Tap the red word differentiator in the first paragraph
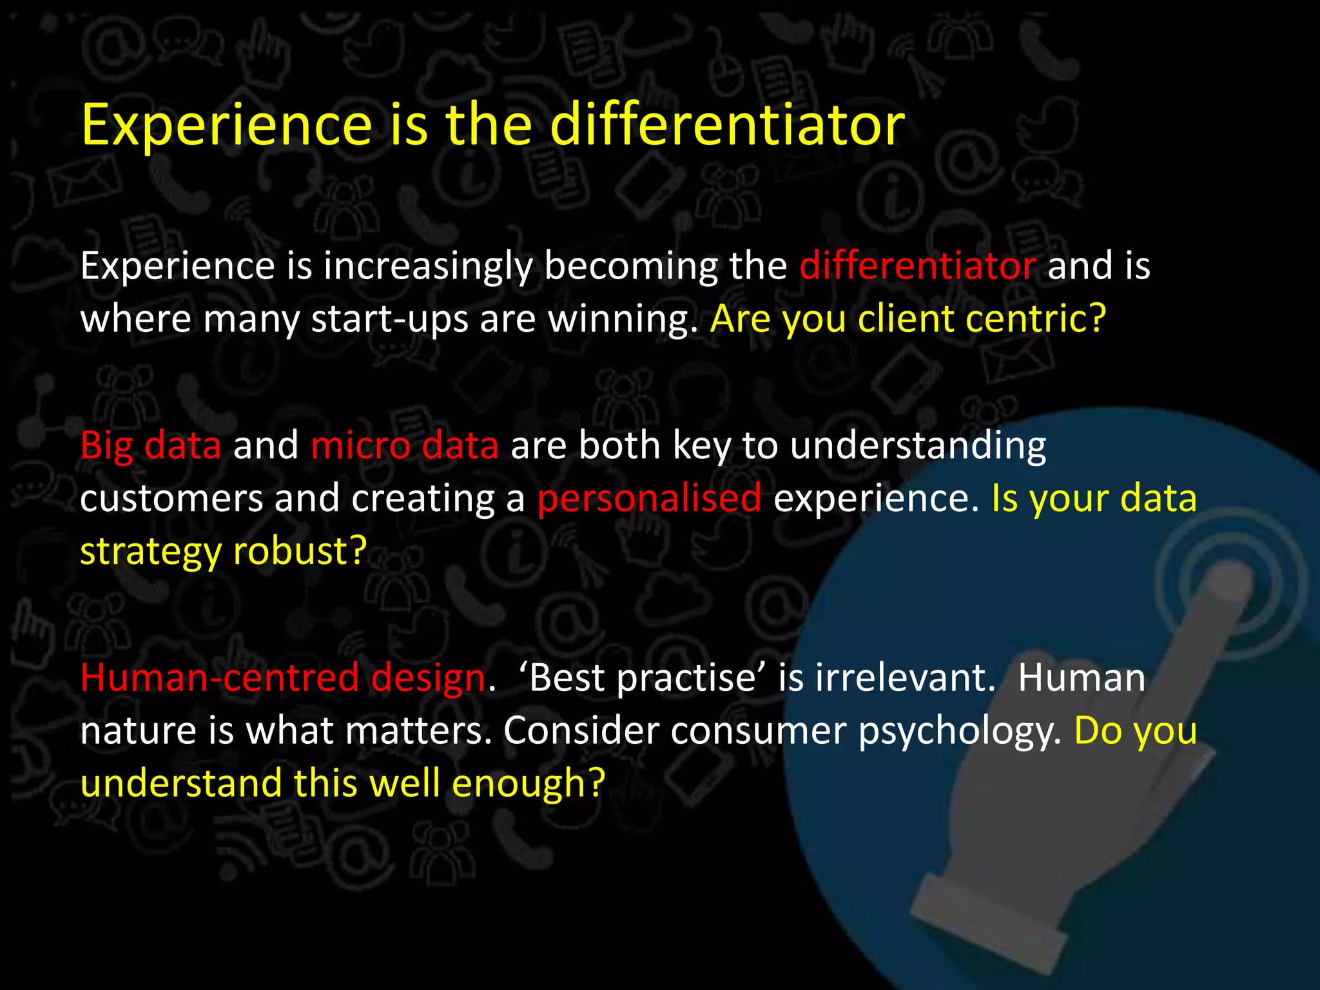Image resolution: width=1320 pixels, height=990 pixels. coord(917,266)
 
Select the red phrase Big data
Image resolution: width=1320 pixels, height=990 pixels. coord(151,446)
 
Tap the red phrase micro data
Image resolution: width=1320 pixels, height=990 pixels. coord(405,446)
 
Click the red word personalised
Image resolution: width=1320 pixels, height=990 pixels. coord(649,499)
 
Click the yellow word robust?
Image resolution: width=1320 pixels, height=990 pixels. coord(300,552)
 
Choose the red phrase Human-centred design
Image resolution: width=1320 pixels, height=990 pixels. coord(283,678)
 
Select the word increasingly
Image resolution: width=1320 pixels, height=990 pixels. coord(428,267)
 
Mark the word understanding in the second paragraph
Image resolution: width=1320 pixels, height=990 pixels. coord(918,446)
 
